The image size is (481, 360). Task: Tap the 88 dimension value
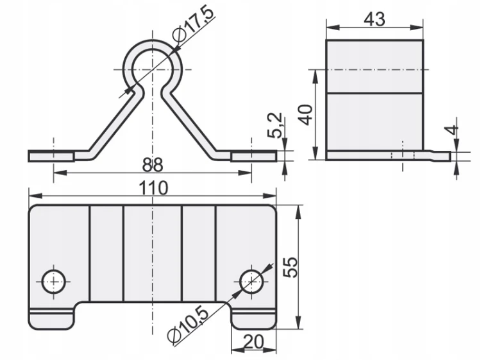coord(153,165)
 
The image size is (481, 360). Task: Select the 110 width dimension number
coord(153,188)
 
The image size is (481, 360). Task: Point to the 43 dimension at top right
coord(375,19)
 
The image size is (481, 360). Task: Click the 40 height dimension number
coord(306,115)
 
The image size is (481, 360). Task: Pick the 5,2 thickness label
coord(274,125)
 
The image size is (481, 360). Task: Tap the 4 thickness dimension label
coord(451,130)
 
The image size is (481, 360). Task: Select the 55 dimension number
coord(290,267)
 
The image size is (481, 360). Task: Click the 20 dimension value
coord(253,342)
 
